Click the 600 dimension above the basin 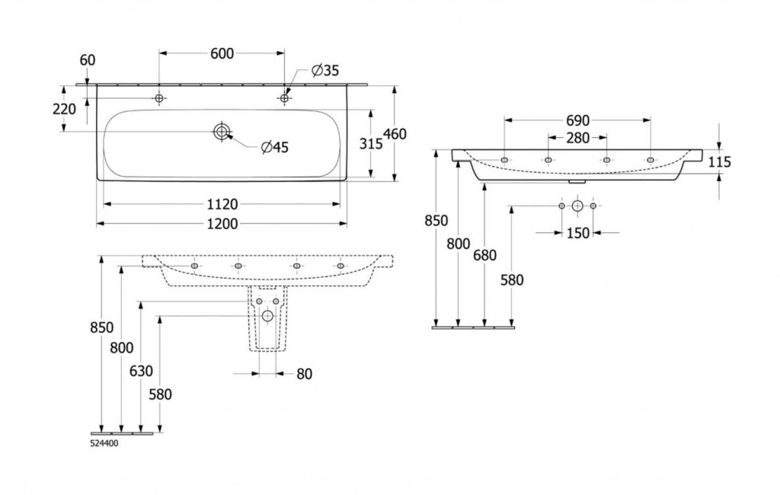[222, 53]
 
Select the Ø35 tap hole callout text [325, 71]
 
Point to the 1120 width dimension [222, 203]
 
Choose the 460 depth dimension [395, 134]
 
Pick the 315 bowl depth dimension [370, 142]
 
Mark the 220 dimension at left [64, 109]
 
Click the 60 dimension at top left [88, 59]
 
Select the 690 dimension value [578, 120]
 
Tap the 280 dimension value [578, 137]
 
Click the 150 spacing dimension [578, 233]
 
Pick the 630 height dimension [141, 371]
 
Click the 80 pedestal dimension [303, 374]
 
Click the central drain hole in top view [222, 132]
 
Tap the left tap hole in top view [159, 98]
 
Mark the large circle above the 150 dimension [577, 206]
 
